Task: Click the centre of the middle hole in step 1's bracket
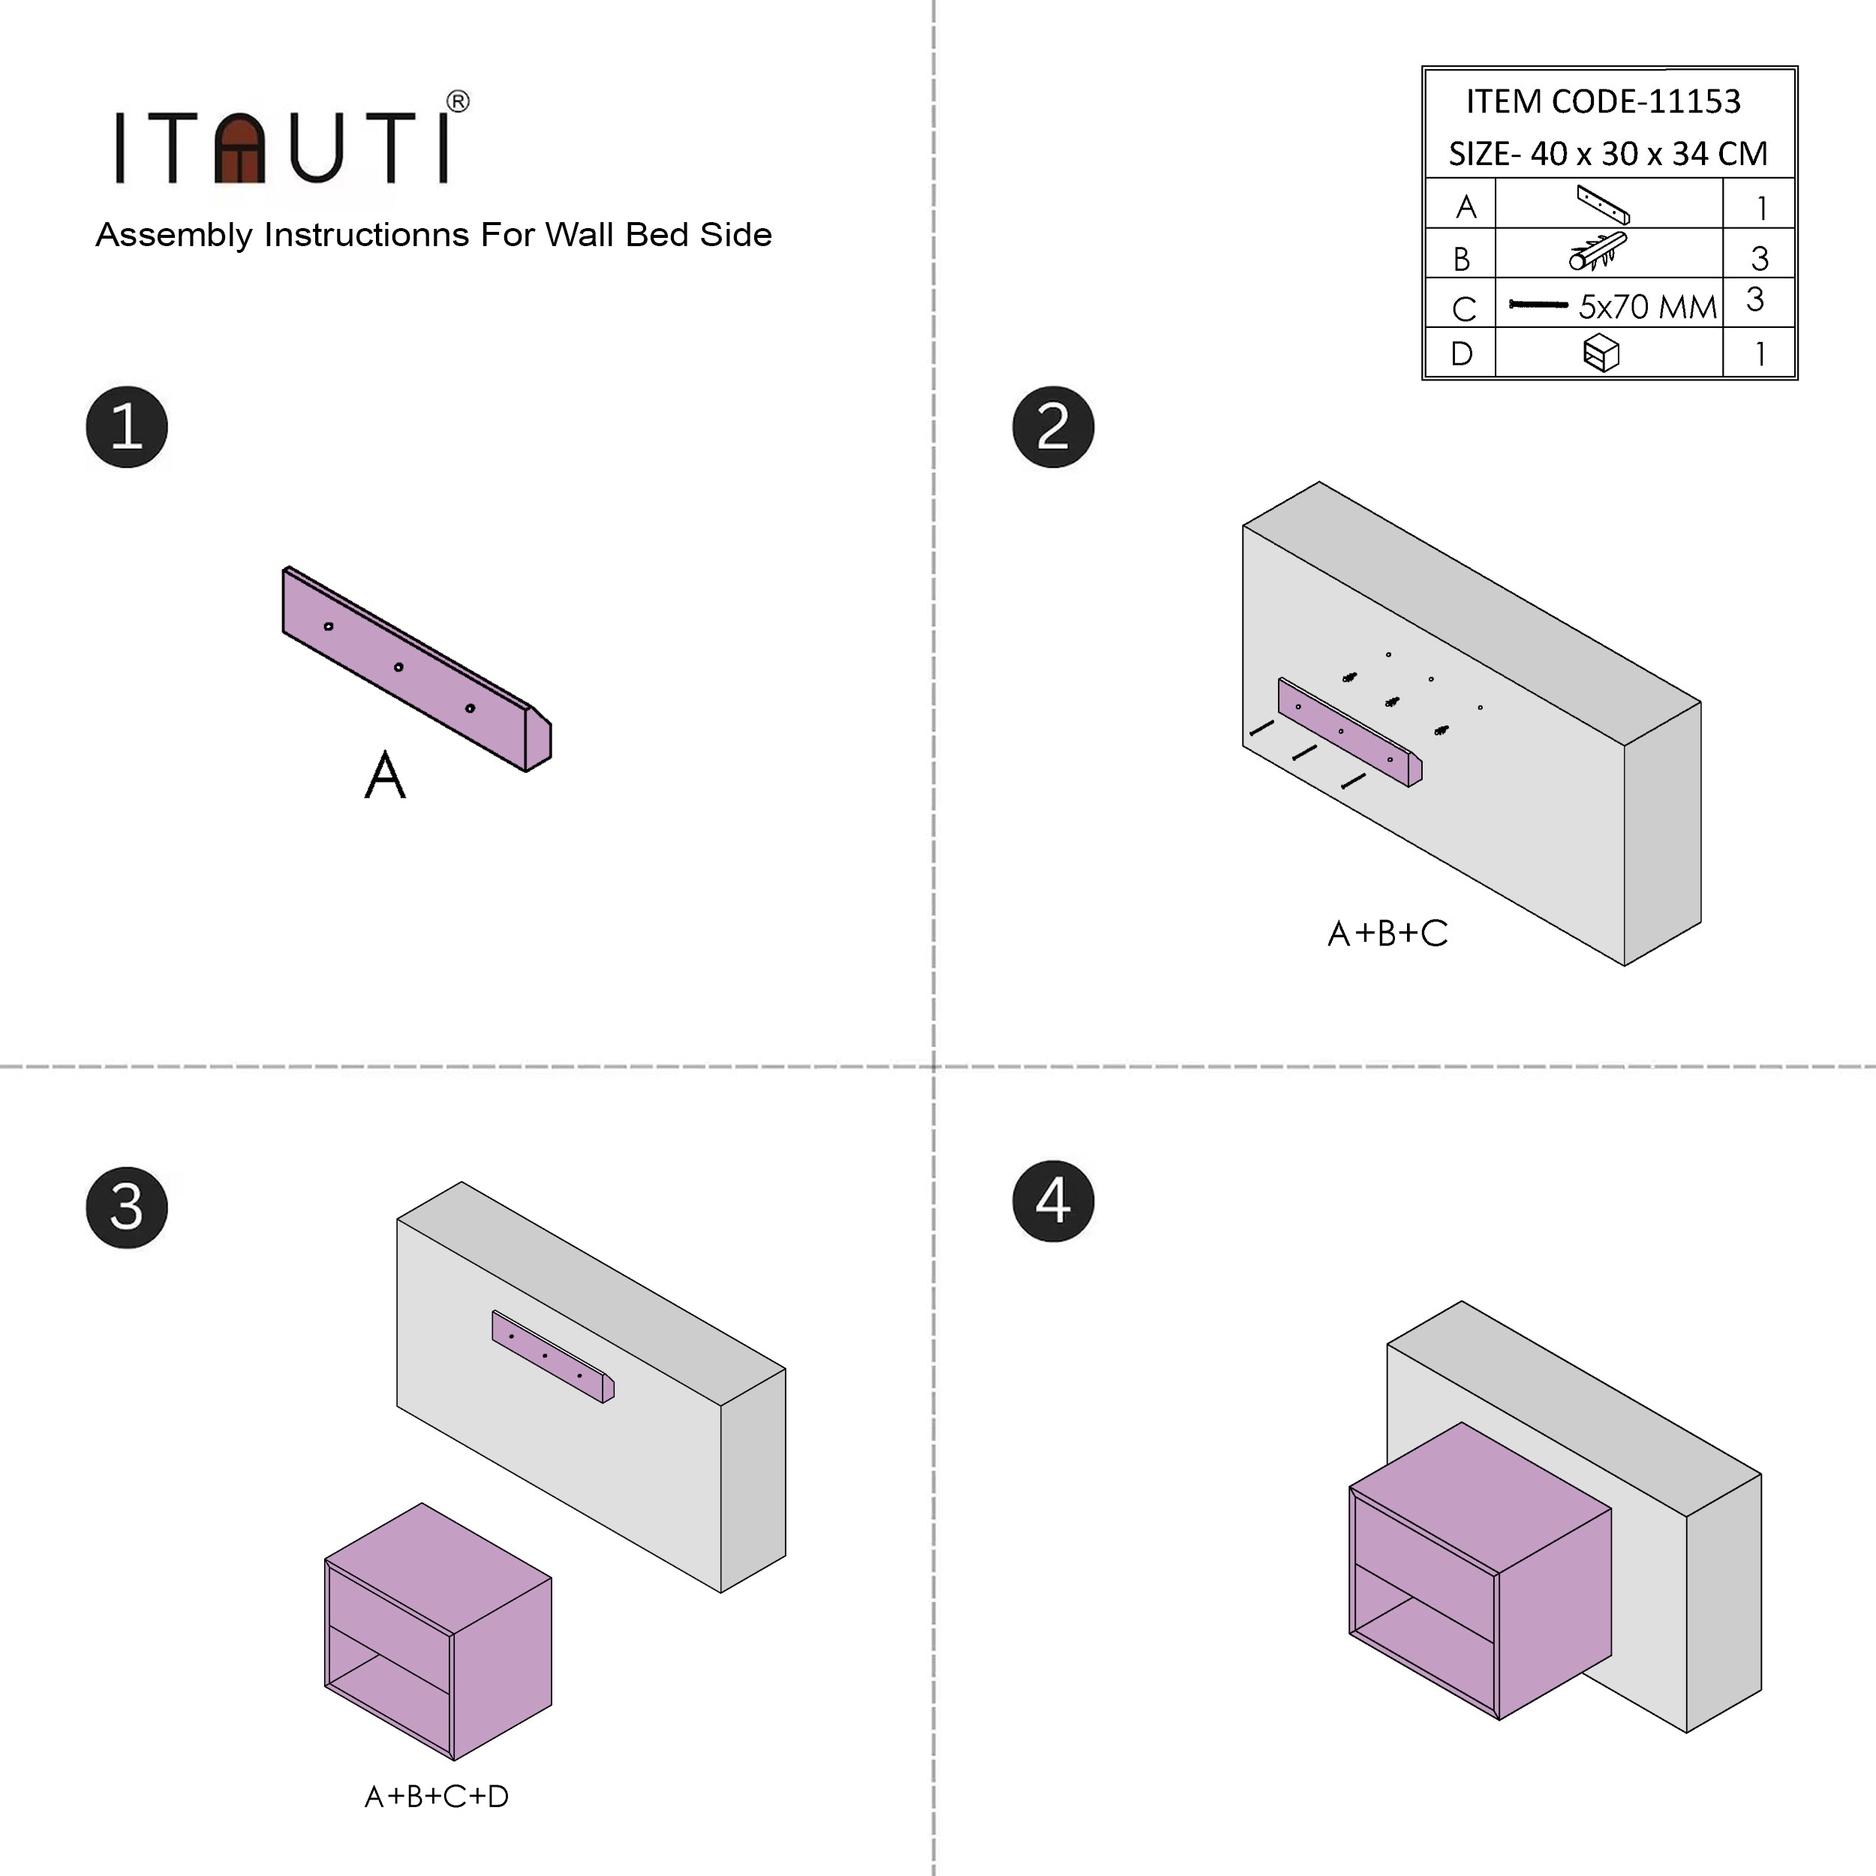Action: tap(398, 667)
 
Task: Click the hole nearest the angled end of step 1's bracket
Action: tap(470, 708)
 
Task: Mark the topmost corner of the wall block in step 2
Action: tap(1318, 482)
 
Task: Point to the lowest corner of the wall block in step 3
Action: tap(720, 1592)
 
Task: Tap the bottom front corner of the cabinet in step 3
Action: tap(453, 1760)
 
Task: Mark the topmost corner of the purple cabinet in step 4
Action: tap(1461, 1424)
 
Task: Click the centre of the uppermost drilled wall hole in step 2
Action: tap(1388, 654)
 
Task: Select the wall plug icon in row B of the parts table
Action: tap(1598, 251)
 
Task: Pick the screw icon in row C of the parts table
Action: tap(1538, 305)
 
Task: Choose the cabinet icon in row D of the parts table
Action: tap(1601, 353)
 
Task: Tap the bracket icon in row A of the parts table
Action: tap(1603, 205)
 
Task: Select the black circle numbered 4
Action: tap(1053, 1201)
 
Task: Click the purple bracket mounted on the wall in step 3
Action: tap(552, 1357)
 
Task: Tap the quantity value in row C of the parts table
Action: tap(1754, 299)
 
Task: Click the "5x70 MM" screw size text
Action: tap(1648, 307)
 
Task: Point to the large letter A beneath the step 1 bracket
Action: tap(384, 775)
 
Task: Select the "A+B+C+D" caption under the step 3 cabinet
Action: tap(437, 1796)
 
